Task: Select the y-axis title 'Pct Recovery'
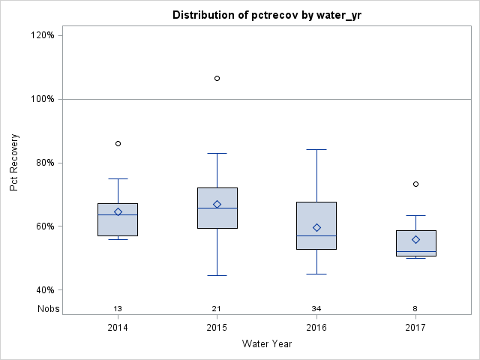pos(14,163)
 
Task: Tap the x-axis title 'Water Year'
pos(267,343)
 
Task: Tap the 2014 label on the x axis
pos(118,328)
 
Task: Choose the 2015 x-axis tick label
pos(217,328)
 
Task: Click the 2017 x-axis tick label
pos(415,328)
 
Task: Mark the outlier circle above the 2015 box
pos(217,78)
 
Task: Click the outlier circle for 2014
pos(118,143)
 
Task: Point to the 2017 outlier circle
pos(415,184)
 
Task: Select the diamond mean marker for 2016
pos(316,227)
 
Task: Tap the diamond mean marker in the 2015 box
pos(217,204)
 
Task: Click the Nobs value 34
pos(316,308)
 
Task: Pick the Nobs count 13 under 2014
pos(118,308)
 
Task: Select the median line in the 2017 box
pos(415,252)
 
